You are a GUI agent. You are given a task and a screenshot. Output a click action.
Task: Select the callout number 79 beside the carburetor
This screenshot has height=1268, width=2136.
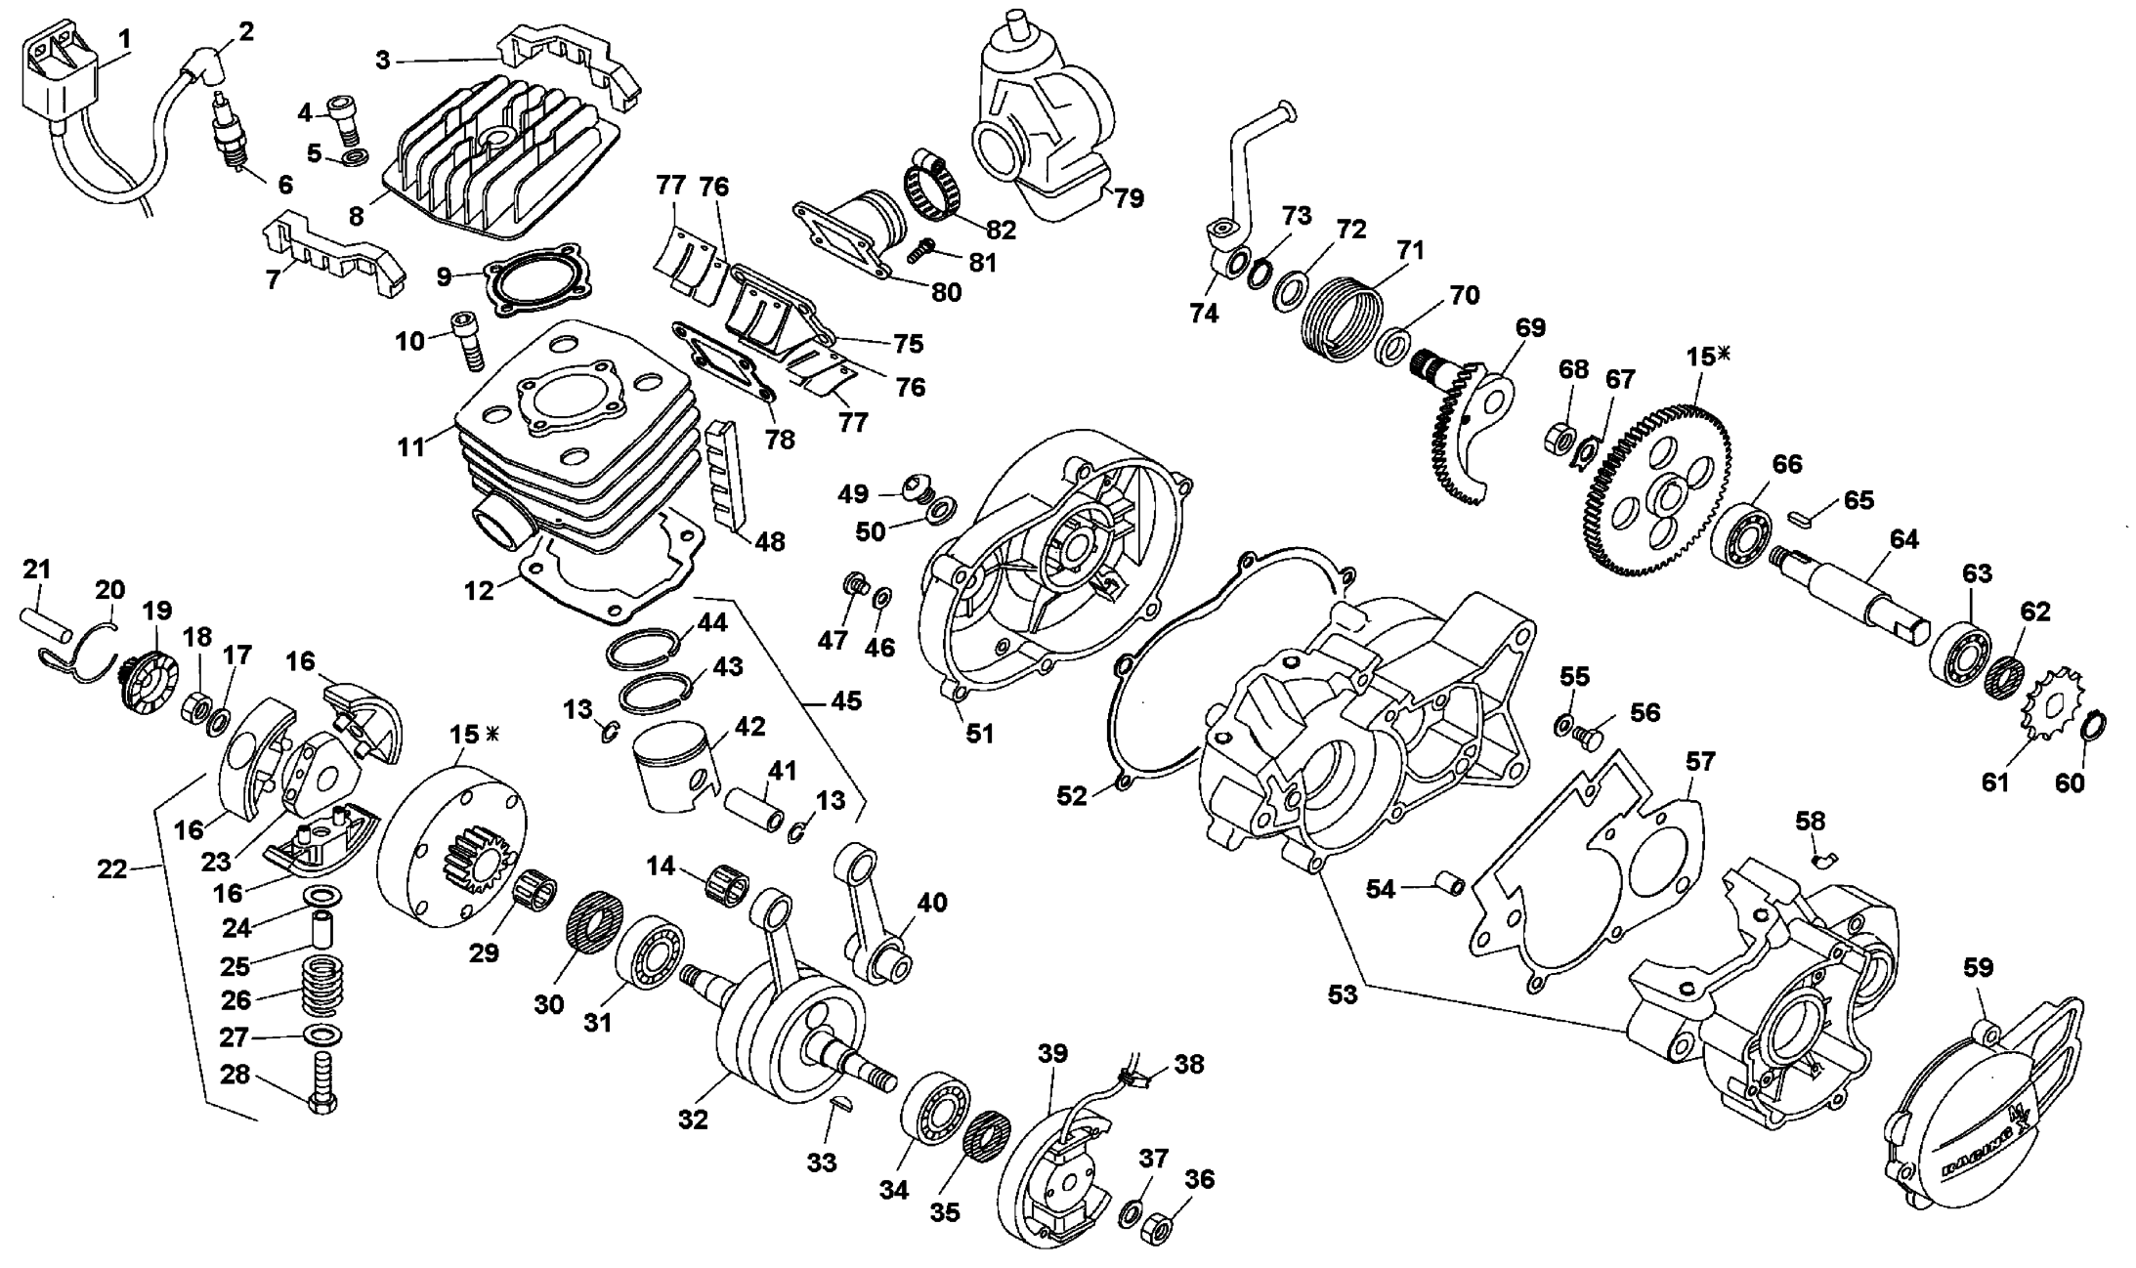1129,198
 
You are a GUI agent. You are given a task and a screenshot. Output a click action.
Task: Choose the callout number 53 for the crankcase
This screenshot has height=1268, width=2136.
1343,994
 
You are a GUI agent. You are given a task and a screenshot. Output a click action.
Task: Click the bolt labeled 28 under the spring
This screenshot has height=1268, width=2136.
323,1085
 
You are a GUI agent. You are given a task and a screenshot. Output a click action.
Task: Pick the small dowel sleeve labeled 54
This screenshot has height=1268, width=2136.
1446,885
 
